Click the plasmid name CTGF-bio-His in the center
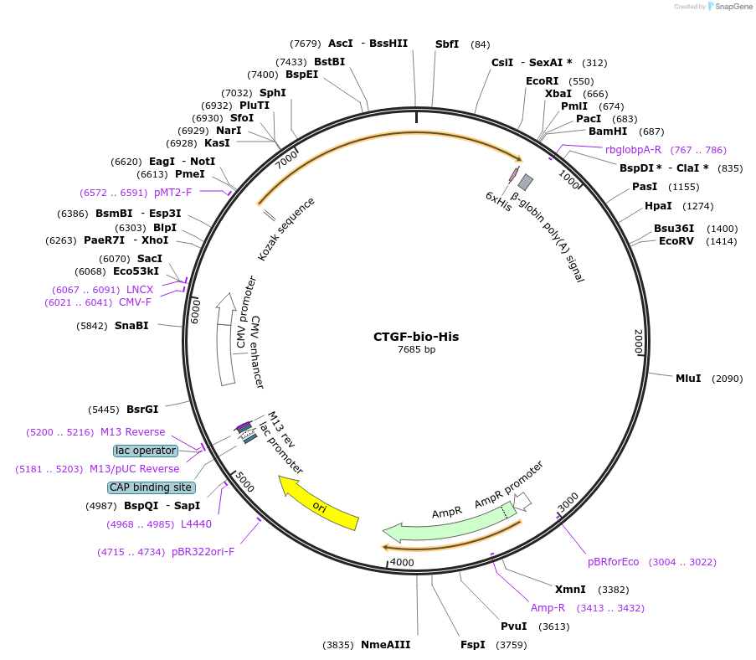pyautogui.click(x=416, y=337)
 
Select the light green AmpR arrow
pyautogui.click(x=444, y=523)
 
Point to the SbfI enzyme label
pyautogui.click(x=447, y=44)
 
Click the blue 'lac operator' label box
pyautogui.click(x=147, y=451)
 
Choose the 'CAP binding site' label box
pyautogui.click(x=152, y=487)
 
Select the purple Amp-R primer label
pyautogui.click(x=548, y=607)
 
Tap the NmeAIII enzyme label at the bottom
pyautogui.click(x=385, y=645)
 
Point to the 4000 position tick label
pyautogui.click(x=403, y=562)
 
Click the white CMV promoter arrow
pyautogui.click(x=224, y=339)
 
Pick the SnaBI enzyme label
pyautogui.click(x=131, y=326)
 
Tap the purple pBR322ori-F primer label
pyautogui.click(x=203, y=552)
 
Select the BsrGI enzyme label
pyautogui.click(x=142, y=410)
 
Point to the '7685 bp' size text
pyautogui.click(x=416, y=349)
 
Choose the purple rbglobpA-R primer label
pyautogui.click(x=633, y=150)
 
